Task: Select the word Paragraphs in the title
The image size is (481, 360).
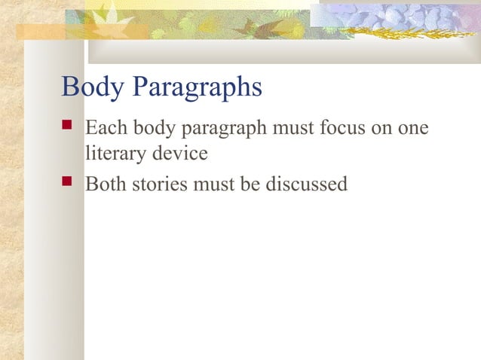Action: click(x=196, y=88)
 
